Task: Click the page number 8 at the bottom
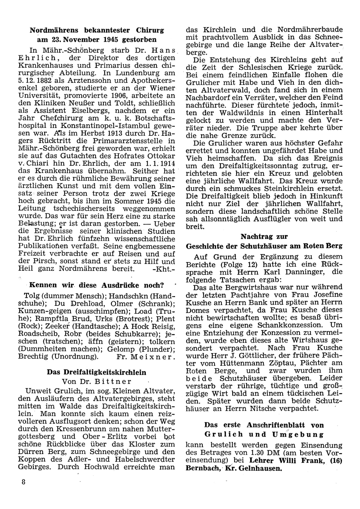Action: [x=23, y=482]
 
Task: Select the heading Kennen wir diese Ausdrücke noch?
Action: [x=96, y=285]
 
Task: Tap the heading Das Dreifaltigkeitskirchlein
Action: [x=97, y=372]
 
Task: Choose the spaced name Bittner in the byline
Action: [x=114, y=381]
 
